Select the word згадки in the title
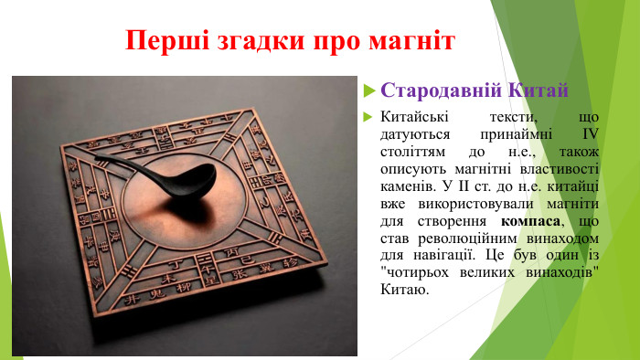[240, 42]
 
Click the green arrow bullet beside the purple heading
[368, 91]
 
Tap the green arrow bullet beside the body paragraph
[368, 119]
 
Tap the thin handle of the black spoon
[128, 162]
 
